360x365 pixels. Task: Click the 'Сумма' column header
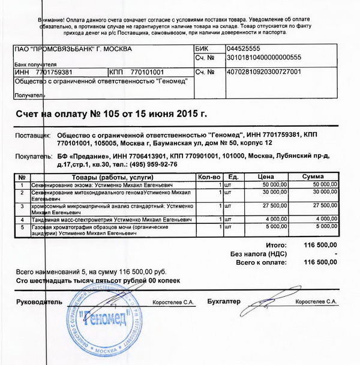click(313, 176)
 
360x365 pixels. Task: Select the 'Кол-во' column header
click(209, 176)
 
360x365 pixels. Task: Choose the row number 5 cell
click(22, 228)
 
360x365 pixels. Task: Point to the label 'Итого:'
click(274, 246)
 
